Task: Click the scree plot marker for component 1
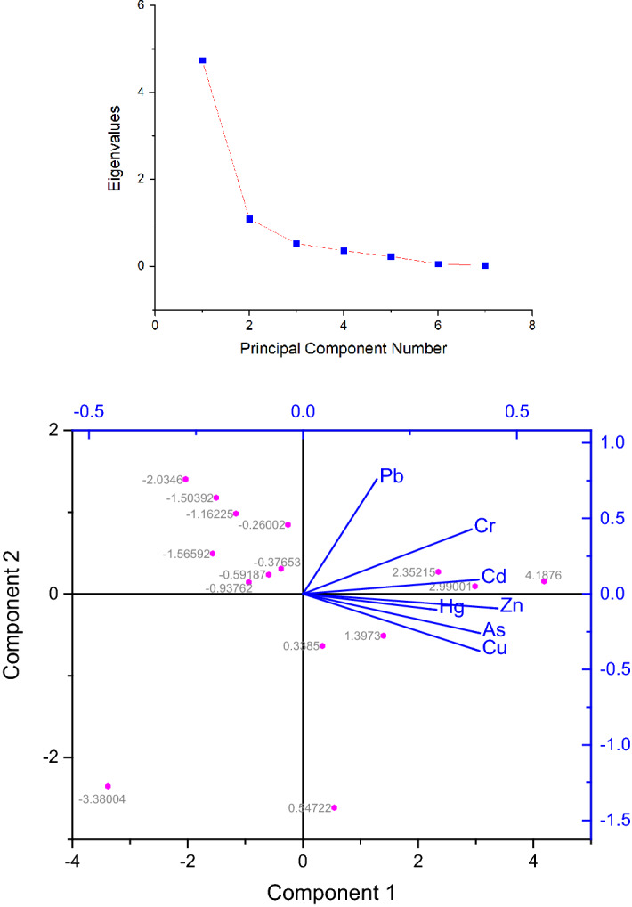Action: [202, 61]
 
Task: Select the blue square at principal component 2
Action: [249, 219]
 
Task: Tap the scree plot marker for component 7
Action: [485, 265]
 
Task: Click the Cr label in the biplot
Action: [485, 527]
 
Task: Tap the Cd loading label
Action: [494, 576]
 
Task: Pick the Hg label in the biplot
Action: [452, 608]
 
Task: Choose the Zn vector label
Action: [511, 606]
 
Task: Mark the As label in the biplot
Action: [494, 628]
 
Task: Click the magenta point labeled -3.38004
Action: [108, 786]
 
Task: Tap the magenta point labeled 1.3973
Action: [384, 636]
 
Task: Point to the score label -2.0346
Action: [161, 480]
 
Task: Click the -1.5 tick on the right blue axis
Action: [611, 819]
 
